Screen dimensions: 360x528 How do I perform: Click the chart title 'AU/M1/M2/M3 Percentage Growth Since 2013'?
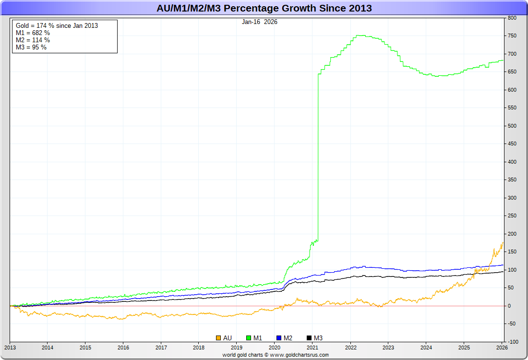click(x=264, y=8)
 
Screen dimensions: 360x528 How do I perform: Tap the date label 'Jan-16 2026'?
click(x=260, y=22)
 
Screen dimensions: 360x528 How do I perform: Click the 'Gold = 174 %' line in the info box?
click(x=57, y=25)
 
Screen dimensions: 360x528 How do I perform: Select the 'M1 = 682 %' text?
click(x=33, y=33)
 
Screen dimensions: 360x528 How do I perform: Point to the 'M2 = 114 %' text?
click(x=33, y=40)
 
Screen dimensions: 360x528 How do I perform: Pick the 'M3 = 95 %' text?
click(x=31, y=47)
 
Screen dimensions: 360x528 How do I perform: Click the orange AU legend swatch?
click(x=218, y=338)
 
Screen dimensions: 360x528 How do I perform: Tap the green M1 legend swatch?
click(x=249, y=338)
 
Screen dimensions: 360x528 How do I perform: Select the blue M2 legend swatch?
click(x=279, y=338)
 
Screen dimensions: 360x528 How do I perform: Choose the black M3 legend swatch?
click(x=309, y=338)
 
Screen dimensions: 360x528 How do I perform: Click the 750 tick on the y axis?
click(x=512, y=36)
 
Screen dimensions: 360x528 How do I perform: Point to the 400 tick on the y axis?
click(x=512, y=162)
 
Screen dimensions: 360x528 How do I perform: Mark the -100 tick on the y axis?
click(x=513, y=342)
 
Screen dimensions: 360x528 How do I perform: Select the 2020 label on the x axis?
click(x=275, y=347)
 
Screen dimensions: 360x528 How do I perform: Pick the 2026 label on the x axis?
click(x=502, y=347)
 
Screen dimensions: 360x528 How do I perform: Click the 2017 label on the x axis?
click(x=161, y=347)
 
